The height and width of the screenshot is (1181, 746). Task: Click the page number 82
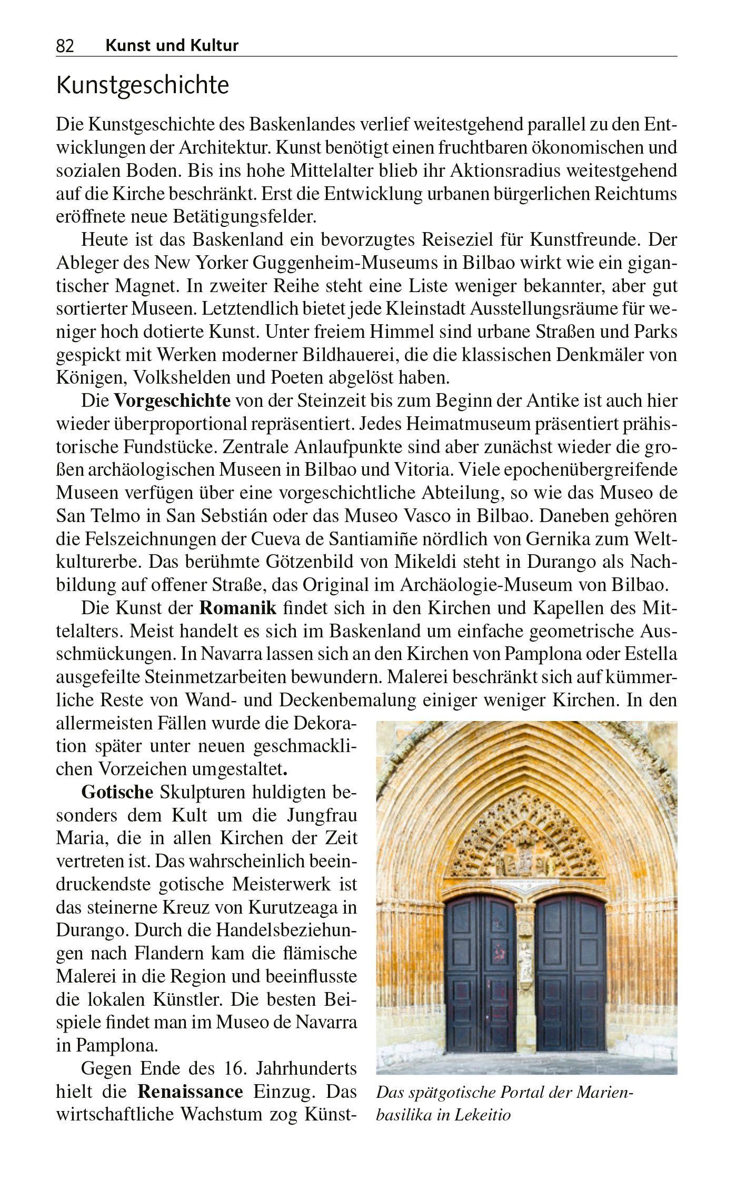tap(65, 47)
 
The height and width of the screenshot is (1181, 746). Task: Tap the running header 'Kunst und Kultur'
tap(172, 46)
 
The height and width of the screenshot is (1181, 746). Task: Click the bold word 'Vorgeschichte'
tap(172, 401)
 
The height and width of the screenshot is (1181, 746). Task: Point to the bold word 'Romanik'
tap(238, 608)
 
